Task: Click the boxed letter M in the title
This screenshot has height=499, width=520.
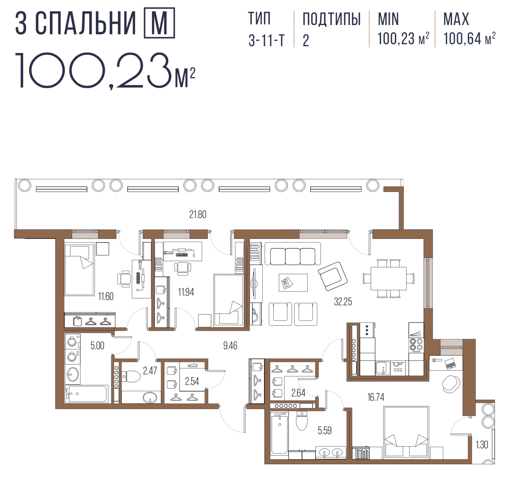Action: click(x=159, y=23)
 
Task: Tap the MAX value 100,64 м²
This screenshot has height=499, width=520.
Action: click(x=469, y=39)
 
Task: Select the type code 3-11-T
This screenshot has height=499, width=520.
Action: click(x=266, y=41)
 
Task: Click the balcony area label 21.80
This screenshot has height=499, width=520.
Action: click(x=198, y=214)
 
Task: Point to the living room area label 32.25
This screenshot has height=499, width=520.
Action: click(x=343, y=302)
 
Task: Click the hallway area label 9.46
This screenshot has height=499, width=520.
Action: click(x=230, y=346)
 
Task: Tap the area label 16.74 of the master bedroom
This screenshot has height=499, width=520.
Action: click(x=376, y=397)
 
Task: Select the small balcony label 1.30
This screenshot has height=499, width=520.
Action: click(x=482, y=445)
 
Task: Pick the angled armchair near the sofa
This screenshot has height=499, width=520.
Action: click(x=333, y=276)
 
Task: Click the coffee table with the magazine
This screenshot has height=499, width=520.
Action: click(x=293, y=283)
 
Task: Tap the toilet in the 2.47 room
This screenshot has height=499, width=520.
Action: click(x=131, y=376)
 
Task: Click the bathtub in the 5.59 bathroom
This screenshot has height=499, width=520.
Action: click(x=279, y=433)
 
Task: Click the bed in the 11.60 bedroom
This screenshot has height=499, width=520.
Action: click(x=80, y=269)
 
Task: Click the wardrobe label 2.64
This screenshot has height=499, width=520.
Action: click(x=298, y=393)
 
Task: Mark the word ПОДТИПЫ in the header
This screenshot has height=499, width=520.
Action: click(x=332, y=19)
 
